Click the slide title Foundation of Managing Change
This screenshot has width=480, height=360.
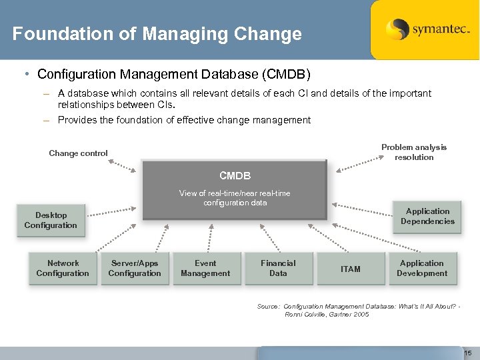coord(157,33)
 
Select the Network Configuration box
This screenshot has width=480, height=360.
coord(63,268)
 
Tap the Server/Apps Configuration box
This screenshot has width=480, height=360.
coord(135,268)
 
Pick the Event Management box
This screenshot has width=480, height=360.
coord(205,268)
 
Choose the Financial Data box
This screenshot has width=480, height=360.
coord(278,268)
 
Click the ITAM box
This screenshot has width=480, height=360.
coord(351,269)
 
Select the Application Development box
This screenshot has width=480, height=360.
coord(422,268)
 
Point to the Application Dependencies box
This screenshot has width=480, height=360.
coord(427,216)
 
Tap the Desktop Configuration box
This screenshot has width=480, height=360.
coord(51,220)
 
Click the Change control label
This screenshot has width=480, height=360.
coord(78,153)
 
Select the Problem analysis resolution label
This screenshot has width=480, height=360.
coord(414,152)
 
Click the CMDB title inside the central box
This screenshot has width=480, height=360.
coord(235,176)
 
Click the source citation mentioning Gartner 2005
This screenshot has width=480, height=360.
coord(359,310)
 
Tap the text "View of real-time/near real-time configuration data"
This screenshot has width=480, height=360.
coord(235,198)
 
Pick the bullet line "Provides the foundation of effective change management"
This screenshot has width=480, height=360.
coord(184,120)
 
